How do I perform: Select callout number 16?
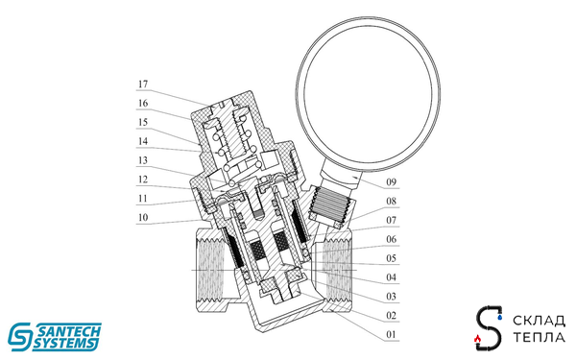coord(142,104)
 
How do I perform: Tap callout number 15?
coord(142,123)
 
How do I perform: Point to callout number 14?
coord(142,141)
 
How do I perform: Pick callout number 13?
coord(142,160)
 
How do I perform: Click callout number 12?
coord(142,179)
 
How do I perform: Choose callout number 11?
coord(142,198)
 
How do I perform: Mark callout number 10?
coord(142,217)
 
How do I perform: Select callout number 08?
coord(390,202)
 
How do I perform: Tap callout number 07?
coord(390,220)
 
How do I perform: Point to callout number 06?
coord(390,239)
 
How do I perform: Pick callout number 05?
coord(390,258)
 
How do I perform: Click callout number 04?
coord(390,277)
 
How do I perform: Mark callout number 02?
coord(390,315)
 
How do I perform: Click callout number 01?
coord(390,334)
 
